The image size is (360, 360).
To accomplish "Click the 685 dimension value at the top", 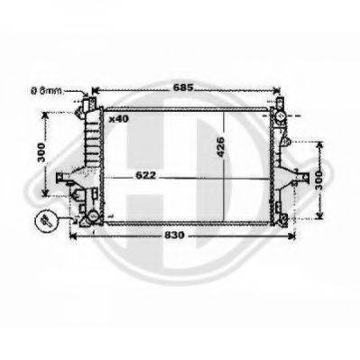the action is [x=182, y=88].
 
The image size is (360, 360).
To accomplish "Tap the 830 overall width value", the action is [x=174, y=235].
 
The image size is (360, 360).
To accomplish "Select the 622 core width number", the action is [x=146, y=175].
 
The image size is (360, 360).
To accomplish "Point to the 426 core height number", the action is [x=220, y=147].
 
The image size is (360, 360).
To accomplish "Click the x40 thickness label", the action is [x=119, y=119].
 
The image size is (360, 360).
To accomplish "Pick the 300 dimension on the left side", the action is [x=42, y=152].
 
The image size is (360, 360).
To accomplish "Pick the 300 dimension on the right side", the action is [x=318, y=180].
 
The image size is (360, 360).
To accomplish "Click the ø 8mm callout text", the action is [x=48, y=90].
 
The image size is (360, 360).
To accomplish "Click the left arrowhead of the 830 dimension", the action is [x=72, y=235].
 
